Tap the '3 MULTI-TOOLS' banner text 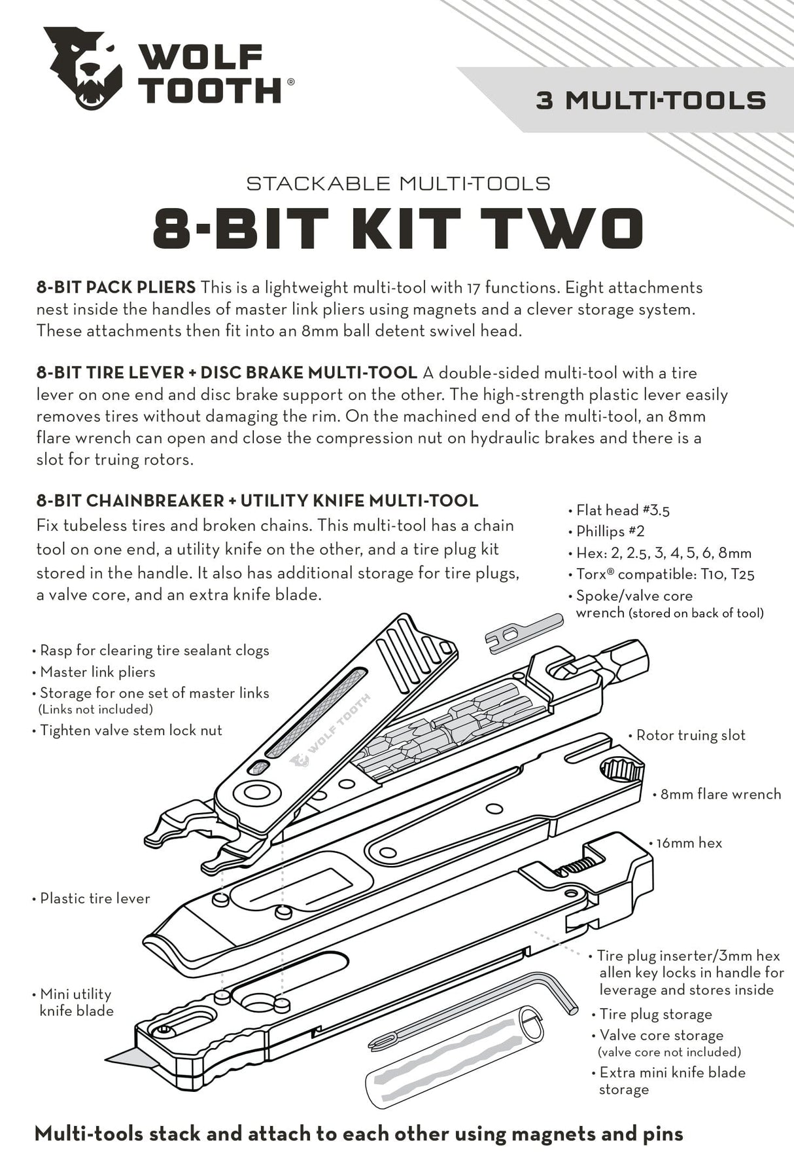point(651,101)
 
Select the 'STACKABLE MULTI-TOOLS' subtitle point(398,183)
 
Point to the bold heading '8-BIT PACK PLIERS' point(116,287)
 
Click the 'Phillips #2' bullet point(610,532)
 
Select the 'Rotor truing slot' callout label point(690,735)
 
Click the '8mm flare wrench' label point(719,794)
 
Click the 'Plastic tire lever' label point(94,898)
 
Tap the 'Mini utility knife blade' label point(75,1002)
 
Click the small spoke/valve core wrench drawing point(523,633)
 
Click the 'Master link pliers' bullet point(97,672)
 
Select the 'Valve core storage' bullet point(661,1035)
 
